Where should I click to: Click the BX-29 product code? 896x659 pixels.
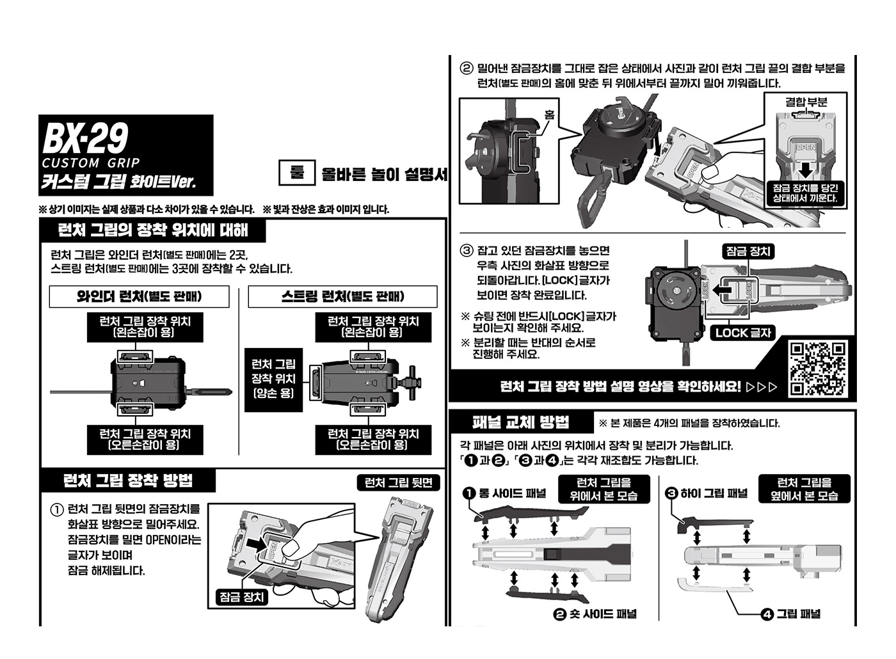tap(86, 137)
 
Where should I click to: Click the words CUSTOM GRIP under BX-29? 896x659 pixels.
tap(90, 163)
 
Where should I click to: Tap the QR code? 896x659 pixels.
tap(817, 369)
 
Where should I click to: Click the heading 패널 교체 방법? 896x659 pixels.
tap(520, 422)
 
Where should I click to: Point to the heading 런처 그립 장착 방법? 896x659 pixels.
tap(128, 480)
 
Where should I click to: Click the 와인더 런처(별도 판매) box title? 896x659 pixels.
tap(139, 296)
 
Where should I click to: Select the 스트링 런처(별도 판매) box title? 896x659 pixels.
tap(342, 296)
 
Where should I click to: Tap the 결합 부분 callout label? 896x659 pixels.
tap(806, 102)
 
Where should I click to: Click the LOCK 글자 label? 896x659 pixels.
tap(743, 333)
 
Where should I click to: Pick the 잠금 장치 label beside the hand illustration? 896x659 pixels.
tap(242, 597)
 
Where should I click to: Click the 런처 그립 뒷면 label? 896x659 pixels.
tap(398, 483)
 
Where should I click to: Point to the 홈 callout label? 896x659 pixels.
tap(549, 115)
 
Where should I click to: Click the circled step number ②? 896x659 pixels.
tap(467, 68)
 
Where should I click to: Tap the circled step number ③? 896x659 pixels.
tap(467, 250)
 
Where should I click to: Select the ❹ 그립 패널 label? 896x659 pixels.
tap(791, 614)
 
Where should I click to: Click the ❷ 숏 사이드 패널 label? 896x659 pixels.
tap(595, 614)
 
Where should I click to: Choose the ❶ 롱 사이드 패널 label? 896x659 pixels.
tap(505, 493)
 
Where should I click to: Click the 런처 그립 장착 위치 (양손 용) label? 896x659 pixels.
tap(273, 378)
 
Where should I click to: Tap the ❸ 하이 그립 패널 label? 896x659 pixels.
tap(707, 493)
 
